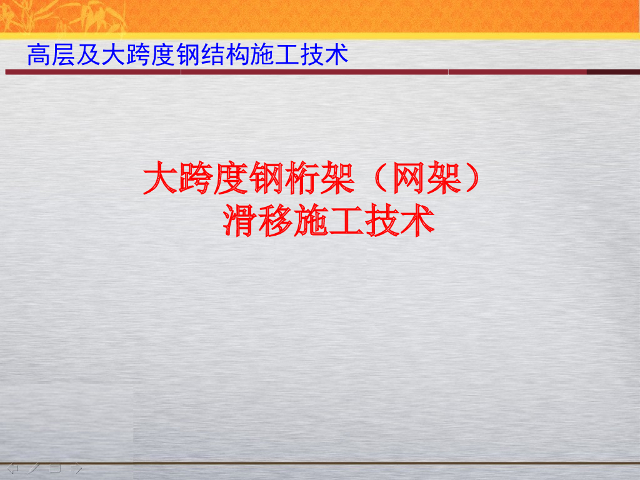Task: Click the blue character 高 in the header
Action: pos(38,56)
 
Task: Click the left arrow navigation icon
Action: pos(12,467)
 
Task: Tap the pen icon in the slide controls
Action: pos(34,467)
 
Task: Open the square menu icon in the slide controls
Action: pos(55,467)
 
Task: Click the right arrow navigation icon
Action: pos(77,467)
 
